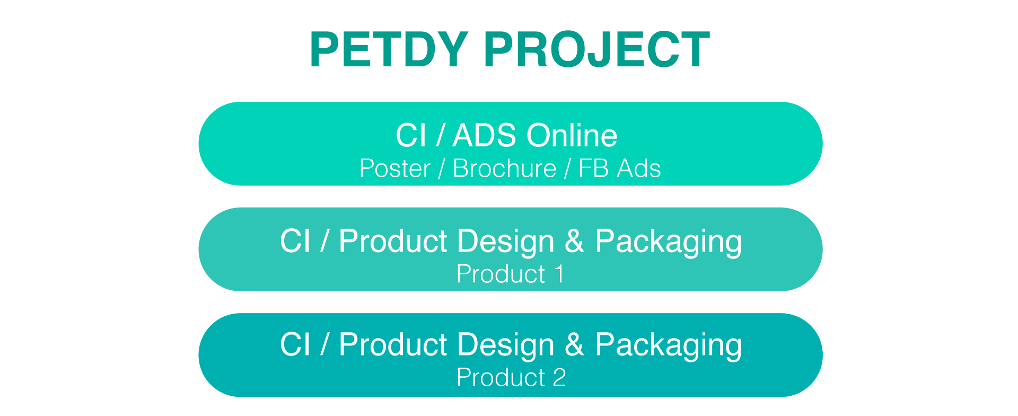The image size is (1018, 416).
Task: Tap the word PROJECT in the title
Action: [x=596, y=49]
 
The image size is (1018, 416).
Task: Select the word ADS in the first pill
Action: [x=484, y=135]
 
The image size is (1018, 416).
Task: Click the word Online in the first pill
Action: [x=572, y=135]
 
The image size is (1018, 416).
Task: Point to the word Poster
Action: [x=395, y=169]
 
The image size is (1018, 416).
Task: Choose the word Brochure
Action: [x=505, y=169]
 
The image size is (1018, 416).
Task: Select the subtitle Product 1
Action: [x=511, y=274]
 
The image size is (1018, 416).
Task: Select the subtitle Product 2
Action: [x=511, y=378]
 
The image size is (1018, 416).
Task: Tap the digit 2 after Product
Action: [x=559, y=378]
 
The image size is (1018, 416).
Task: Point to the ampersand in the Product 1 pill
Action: [x=574, y=241]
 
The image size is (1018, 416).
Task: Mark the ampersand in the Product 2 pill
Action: [x=574, y=345]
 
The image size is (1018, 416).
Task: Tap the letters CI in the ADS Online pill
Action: [x=411, y=135]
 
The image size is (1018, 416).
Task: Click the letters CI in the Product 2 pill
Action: [x=295, y=345]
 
